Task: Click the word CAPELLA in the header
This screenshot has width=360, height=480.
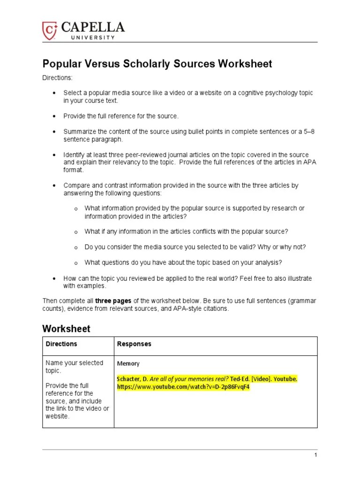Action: (x=91, y=27)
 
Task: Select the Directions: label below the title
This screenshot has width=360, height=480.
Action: (x=58, y=78)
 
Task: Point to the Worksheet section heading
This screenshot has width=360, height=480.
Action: (x=66, y=329)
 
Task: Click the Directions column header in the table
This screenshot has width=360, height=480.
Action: (x=61, y=344)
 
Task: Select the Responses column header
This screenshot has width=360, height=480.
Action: (x=134, y=344)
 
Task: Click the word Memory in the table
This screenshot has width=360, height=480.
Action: (x=128, y=364)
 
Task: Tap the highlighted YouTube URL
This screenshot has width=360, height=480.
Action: (x=183, y=387)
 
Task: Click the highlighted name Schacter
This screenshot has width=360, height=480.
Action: (x=130, y=379)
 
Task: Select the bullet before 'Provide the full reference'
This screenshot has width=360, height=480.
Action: (x=54, y=116)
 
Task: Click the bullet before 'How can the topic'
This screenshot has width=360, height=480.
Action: (x=54, y=278)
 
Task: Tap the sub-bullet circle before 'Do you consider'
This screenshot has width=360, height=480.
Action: (x=75, y=247)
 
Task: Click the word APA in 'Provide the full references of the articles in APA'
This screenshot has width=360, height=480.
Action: (x=302, y=163)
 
